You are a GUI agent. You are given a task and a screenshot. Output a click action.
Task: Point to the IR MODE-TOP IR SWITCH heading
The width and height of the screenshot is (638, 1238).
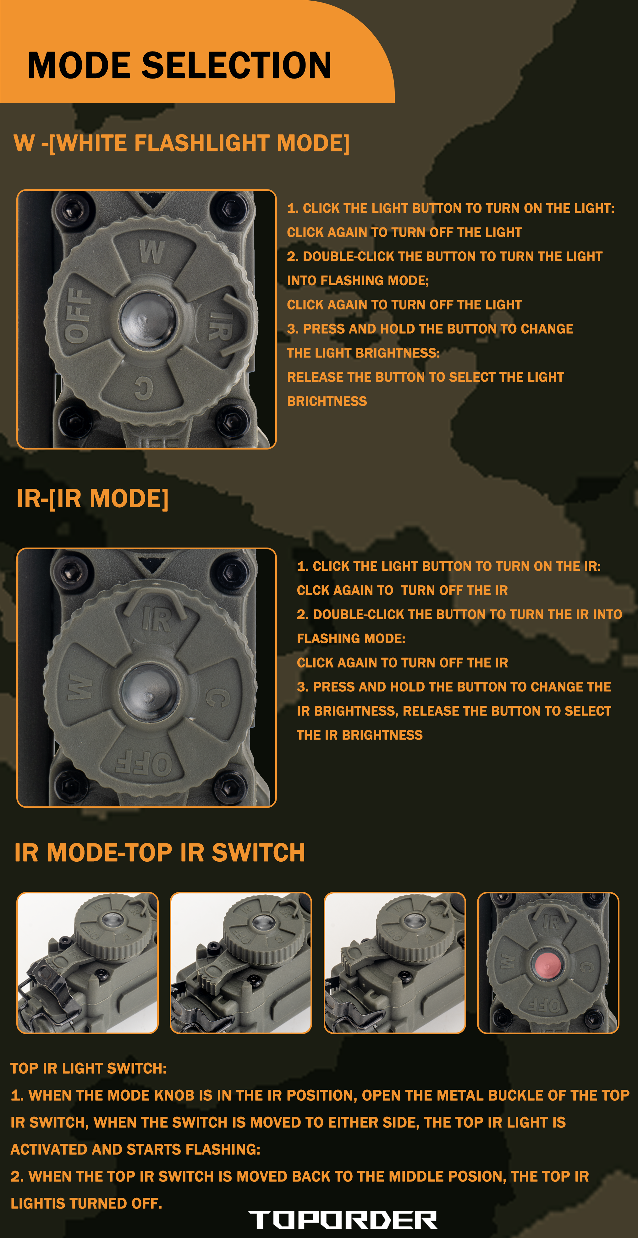coord(160,853)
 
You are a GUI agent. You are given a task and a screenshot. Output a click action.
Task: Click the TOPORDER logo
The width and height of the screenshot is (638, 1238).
coord(342,1220)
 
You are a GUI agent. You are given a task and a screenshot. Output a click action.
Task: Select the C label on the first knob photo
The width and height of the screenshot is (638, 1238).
coord(143,387)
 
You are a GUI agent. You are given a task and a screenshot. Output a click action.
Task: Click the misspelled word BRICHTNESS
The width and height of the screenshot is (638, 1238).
coord(327,401)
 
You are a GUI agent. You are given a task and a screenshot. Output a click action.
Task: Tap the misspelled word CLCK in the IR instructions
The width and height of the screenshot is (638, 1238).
coord(311,590)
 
